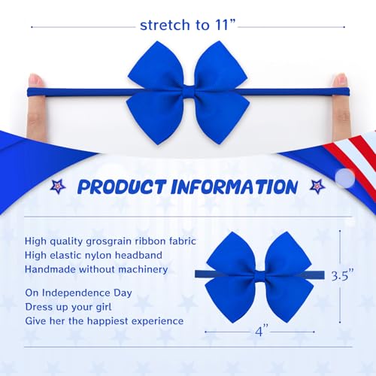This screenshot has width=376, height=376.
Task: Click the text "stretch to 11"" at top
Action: click(x=187, y=25)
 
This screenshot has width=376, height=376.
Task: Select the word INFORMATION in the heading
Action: click(x=235, y=186)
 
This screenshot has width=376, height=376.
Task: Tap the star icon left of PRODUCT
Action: click(x=57, y=186)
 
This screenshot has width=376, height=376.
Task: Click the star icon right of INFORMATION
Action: click(x=317, y=186)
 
